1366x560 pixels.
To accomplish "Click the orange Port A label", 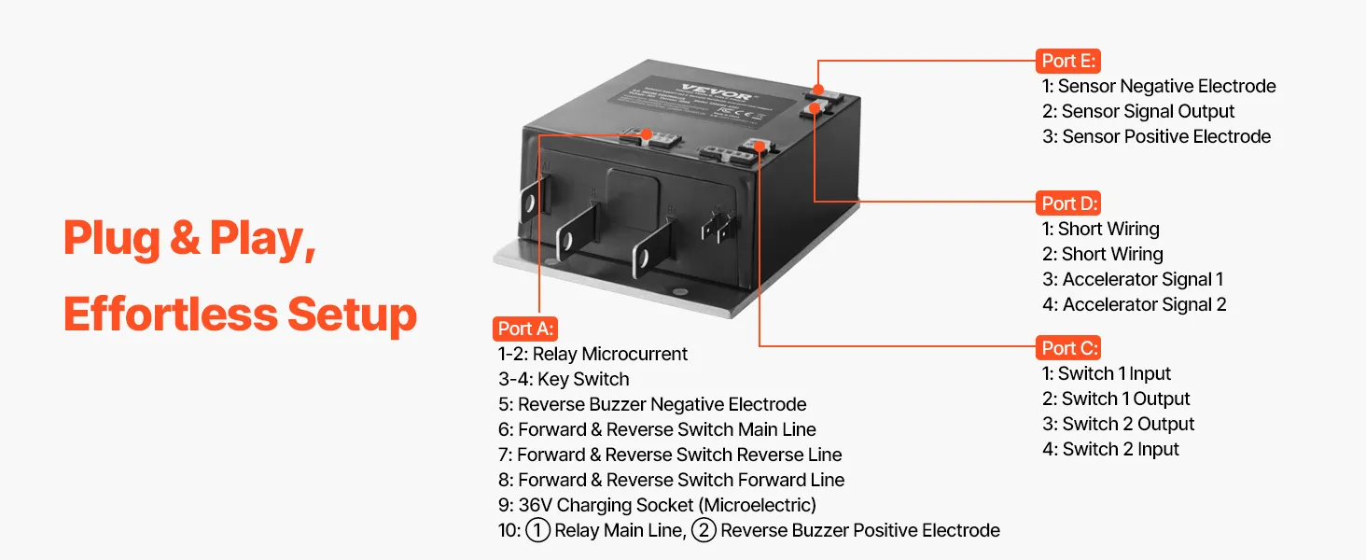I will (x=525, y=329).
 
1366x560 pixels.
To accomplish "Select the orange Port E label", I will (x=1068, y=61).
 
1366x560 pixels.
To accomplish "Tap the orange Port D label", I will (x=1069, y=203).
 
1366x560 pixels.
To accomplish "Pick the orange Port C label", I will (x=1069, y=348).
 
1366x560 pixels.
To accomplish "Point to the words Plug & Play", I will (x=188, y=239).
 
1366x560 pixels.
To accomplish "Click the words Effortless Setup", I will (x=240, y=314).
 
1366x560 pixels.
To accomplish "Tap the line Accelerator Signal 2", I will (x=1134, y=304).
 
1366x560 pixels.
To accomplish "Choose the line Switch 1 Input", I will (x=1106, y=373).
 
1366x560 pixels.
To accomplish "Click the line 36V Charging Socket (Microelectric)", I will (x=657, y=505).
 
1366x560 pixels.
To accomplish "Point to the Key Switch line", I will (x=564, y=379).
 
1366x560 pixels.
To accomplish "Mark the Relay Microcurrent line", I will (x=592, y=354).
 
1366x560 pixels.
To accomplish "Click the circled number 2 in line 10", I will (x=704, y=531).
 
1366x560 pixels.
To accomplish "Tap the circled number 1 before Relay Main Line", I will (x=537, y=531).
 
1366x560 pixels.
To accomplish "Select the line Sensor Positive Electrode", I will (x=1156, y=136).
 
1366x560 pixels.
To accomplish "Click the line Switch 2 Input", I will (x=1110, y=449).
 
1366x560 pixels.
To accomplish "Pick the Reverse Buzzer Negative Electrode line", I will (x=652, y=404).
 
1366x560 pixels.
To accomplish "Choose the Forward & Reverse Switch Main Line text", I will (x=657, y=429).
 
